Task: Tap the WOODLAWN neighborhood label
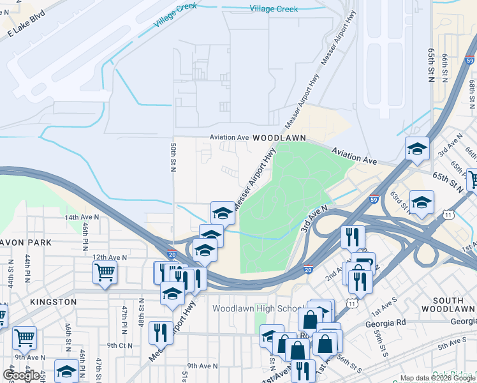[279, 138]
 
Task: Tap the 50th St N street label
[173, 157]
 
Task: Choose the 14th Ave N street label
[82, 217]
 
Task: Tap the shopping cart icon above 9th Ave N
[24, 336]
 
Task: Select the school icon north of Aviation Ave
[417, 149]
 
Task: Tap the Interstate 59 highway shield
[374, 199]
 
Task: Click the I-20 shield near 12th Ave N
[172, 254]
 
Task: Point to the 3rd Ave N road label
[314, 219]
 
